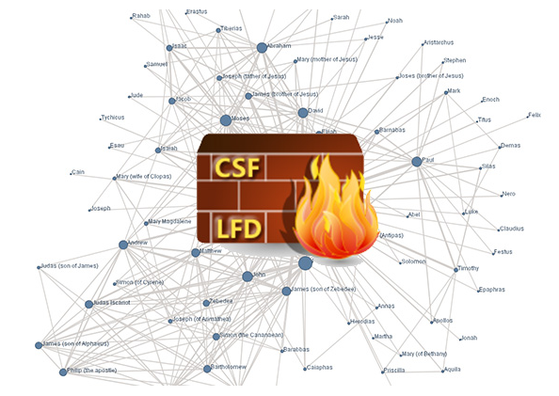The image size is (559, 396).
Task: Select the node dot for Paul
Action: (416, 162)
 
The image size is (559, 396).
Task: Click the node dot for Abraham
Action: (262, 47)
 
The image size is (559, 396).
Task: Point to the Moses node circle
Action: (226, 120)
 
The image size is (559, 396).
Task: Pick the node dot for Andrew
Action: (123, 245)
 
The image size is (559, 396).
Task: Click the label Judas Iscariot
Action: (113, 303)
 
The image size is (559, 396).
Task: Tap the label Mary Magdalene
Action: (170, 222)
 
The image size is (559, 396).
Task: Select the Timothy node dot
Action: (456, 270)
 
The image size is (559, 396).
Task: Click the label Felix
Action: (535, 115)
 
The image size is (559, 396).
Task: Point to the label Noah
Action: (394, 21)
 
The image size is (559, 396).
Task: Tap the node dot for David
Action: (302, 113)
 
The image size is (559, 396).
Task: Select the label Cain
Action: (79, 171)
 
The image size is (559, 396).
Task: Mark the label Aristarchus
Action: (439, 42)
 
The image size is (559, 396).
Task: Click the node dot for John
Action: (248, 277)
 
